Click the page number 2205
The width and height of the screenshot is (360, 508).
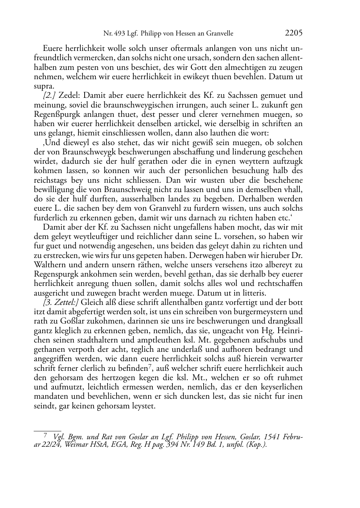pyautogui.click(x=294, y=33)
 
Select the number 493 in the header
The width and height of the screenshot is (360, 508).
pyautogui.click(x=119, y=34)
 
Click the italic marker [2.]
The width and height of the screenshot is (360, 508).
pyautogui.click(x=49, y=96)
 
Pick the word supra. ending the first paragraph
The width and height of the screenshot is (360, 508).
pyautogui.click(x=44, y=86)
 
